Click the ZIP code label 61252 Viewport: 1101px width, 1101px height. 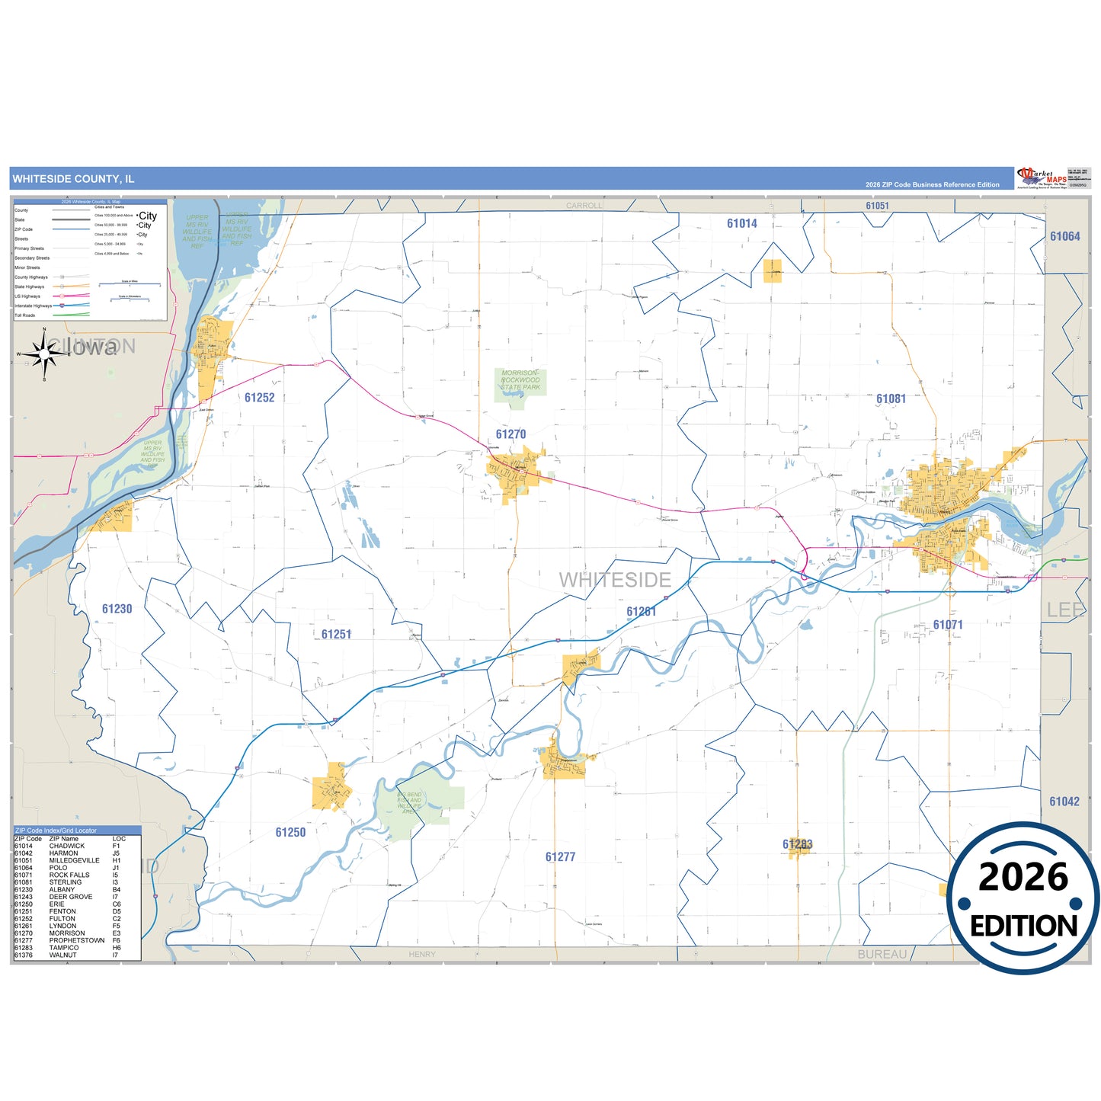[x=259, y=398]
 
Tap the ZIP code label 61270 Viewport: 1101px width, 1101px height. [x=510, y=434]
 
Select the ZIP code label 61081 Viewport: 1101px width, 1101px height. [x=891, y=399]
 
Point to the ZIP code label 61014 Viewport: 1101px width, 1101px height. [x=741, y=223]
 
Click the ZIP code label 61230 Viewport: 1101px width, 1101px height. [x=117, y=609]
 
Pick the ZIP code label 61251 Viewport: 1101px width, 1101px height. [x=336, y=635]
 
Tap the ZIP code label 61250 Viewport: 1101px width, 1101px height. [x=290, y=833]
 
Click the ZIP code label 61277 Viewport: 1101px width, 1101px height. [x=560, y=857]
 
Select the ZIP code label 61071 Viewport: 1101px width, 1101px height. [x=948, y=625]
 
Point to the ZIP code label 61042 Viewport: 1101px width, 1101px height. [x=1064, y=802]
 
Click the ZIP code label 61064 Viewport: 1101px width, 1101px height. [x=1064, y=236]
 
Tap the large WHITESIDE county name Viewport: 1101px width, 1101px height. [x=615, y=581]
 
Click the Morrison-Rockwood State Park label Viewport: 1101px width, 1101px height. [x=520, y=380]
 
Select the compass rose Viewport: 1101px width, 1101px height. [x=44, y=354]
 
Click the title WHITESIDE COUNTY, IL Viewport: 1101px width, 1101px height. [x=73, y=179]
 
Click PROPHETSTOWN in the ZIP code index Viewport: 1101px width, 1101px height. [x=77, y=940]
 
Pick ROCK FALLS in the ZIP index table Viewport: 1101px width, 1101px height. [x=69, y=875]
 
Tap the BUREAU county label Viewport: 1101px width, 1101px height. [x=882, y=954]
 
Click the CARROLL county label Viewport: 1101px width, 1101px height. [x=584, y=206]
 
